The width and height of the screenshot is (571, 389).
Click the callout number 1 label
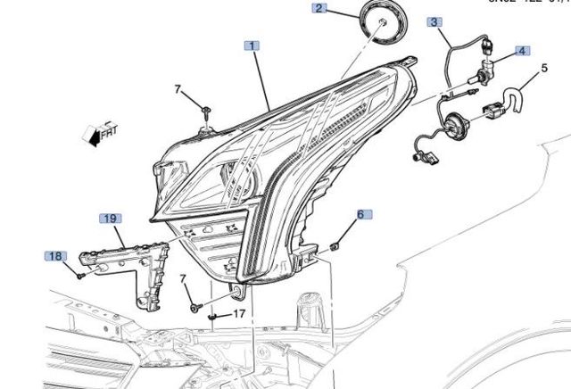253,46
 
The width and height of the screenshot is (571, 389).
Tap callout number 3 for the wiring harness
434,21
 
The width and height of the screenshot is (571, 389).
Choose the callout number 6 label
360,214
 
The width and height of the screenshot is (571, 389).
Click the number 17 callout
239,313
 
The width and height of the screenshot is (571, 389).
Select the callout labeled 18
55,256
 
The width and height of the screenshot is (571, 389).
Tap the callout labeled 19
110,218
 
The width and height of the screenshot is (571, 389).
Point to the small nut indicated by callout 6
334,244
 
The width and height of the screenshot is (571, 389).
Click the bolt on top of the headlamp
207,113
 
